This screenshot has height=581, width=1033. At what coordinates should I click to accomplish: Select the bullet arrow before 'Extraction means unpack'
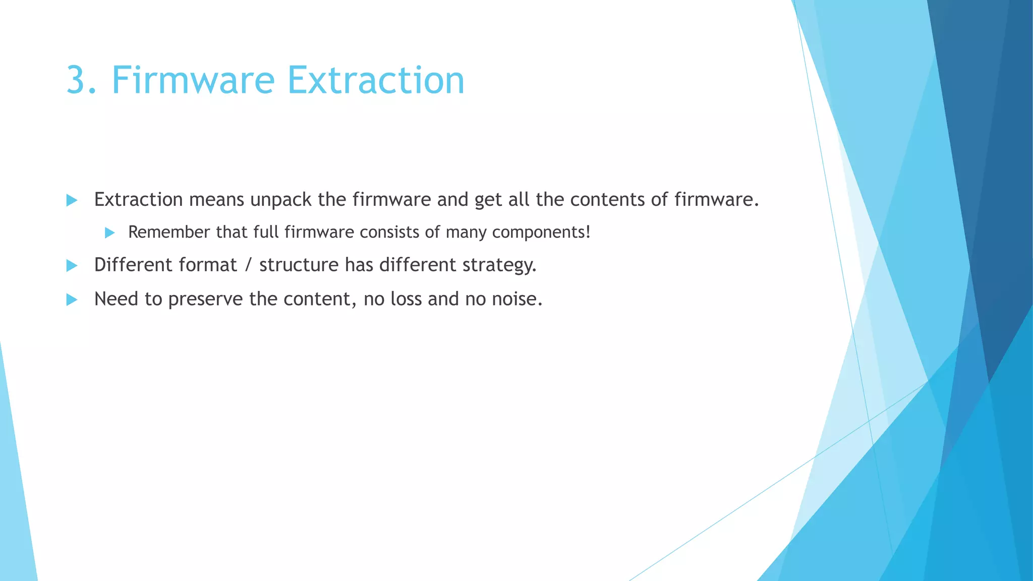(x=72, y=200)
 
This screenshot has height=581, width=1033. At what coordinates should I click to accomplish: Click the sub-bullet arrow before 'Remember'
(x=109, y=233)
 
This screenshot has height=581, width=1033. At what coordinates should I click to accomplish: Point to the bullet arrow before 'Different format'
(x=72, y=265)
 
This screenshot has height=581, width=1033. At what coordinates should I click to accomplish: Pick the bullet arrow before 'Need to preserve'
(x=72, y=300)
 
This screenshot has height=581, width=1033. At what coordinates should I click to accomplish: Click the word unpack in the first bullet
(x=280, y=200)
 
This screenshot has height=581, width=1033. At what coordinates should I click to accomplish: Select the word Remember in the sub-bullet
(x=168, y=232)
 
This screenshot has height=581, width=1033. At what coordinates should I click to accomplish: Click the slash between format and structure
(x=248, y=265)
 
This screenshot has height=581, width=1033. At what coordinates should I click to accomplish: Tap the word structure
(x=299, y=265)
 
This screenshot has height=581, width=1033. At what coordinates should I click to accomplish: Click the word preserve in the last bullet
(x=205, y=300)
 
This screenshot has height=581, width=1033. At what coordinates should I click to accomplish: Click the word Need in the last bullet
(x=116, y=299)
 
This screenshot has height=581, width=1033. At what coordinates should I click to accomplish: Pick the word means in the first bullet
(x=216, y=200)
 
